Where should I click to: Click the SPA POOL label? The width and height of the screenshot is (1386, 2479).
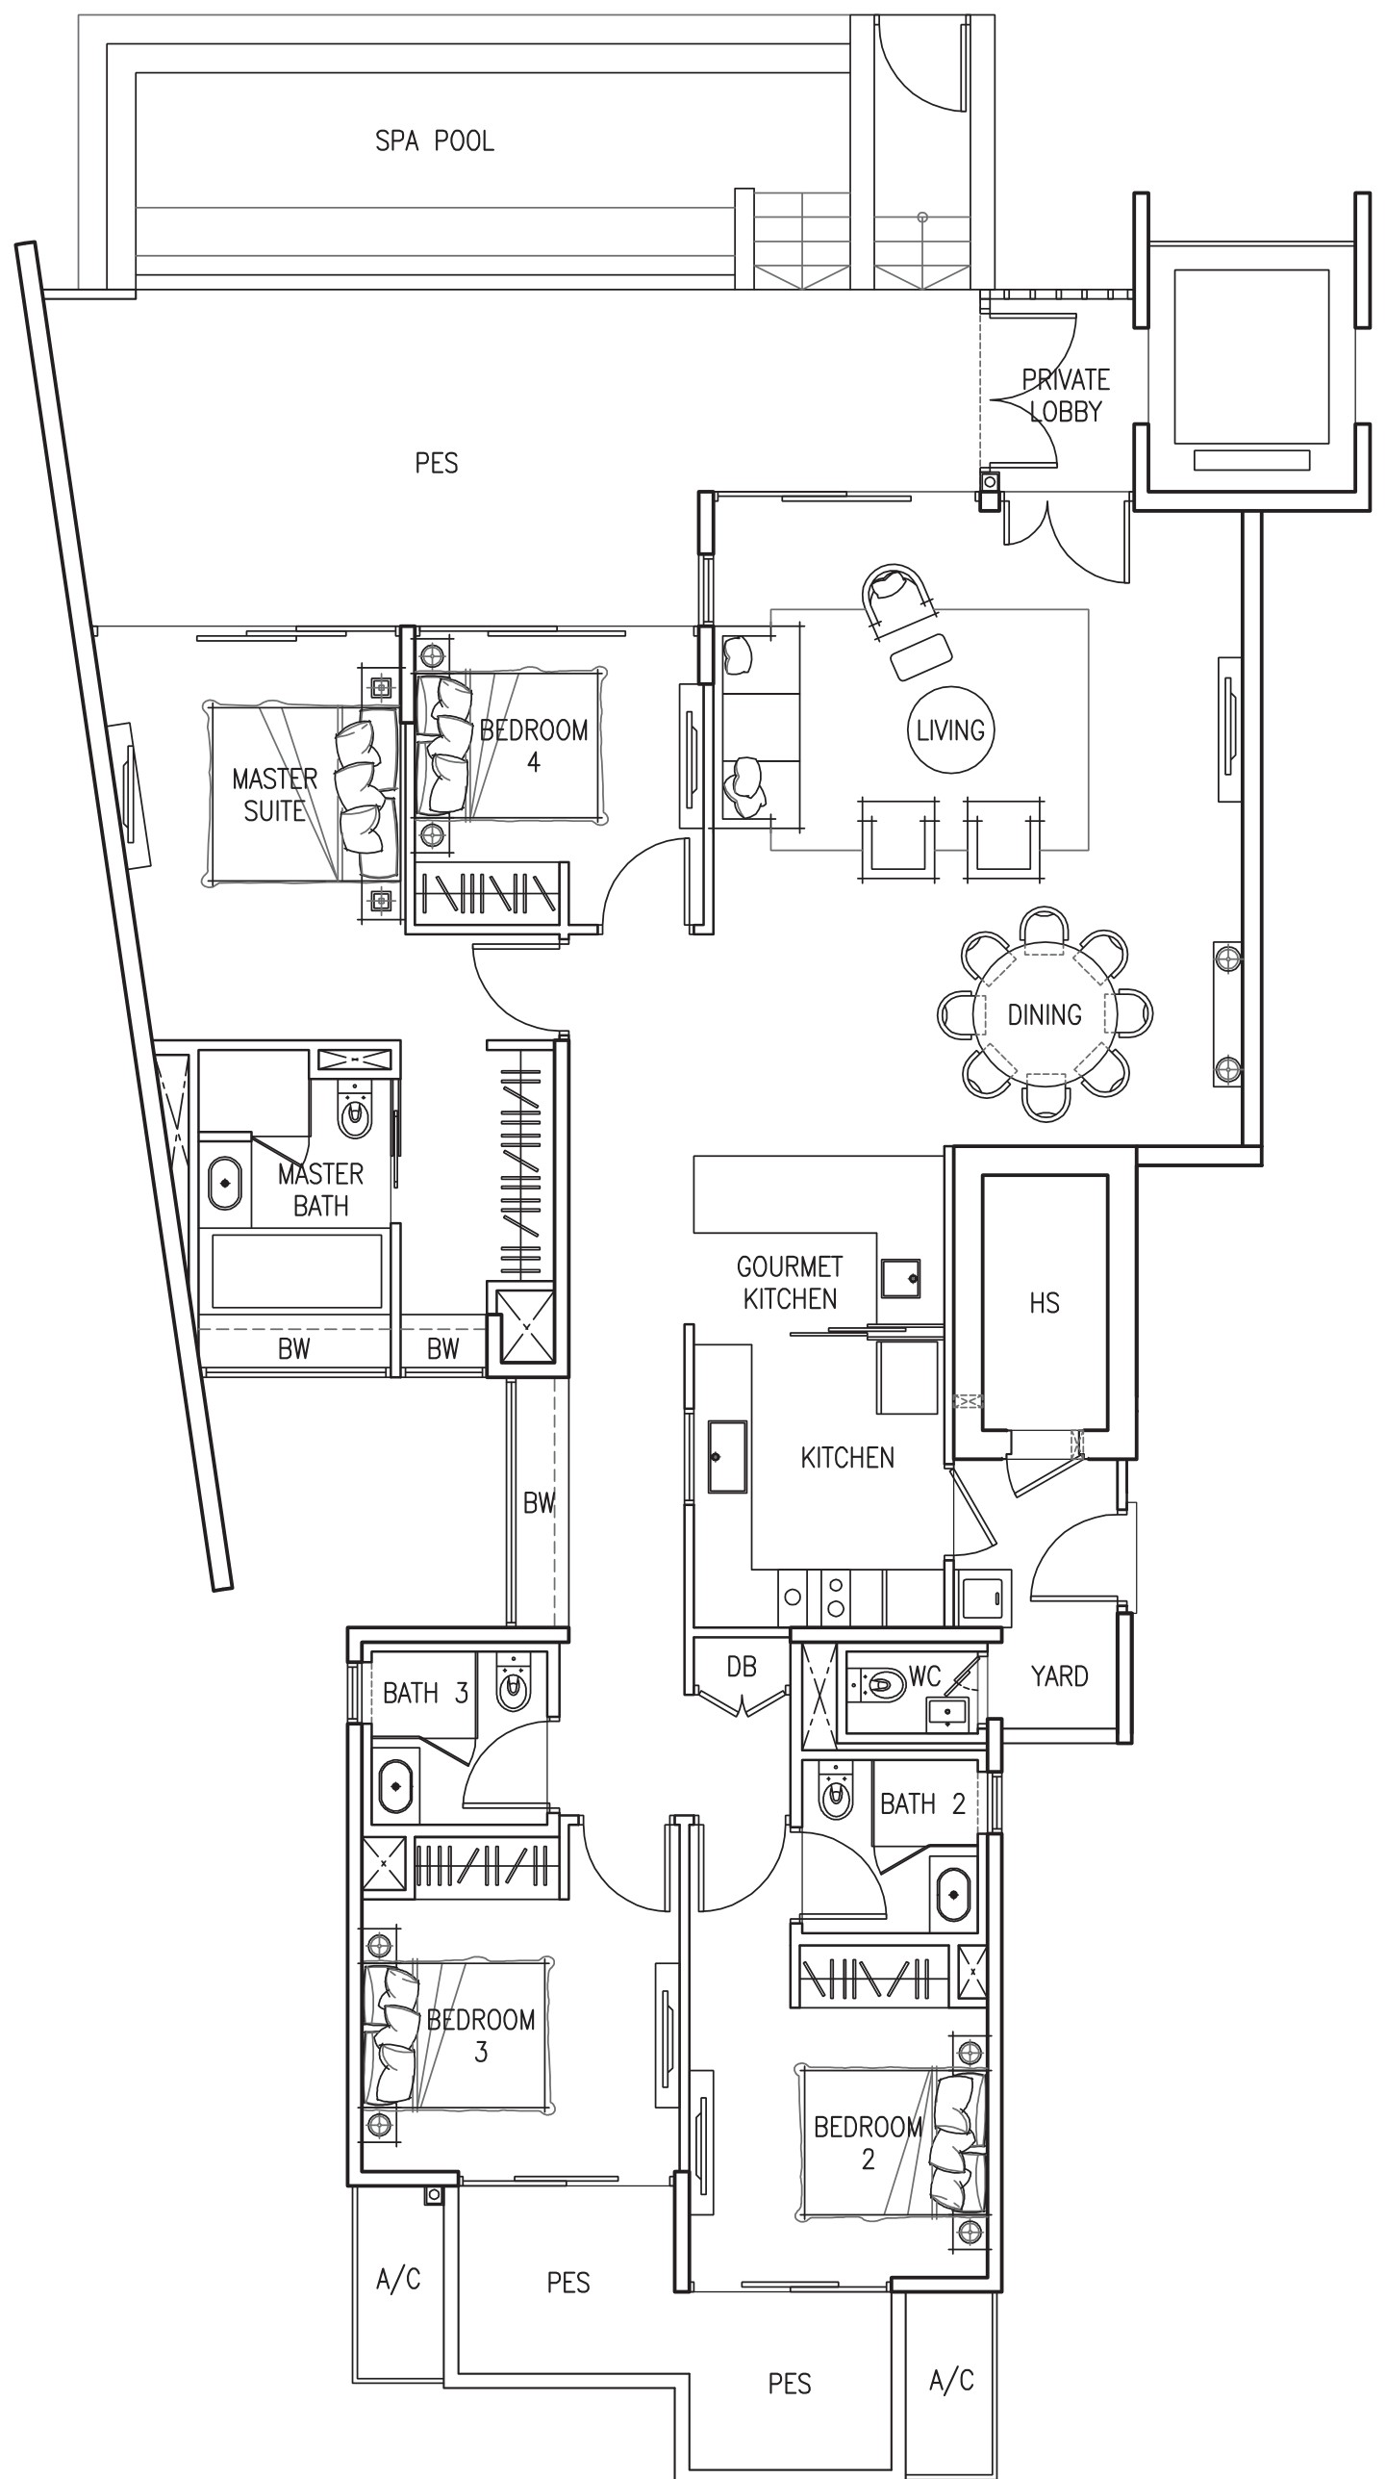pyautogui.click(x=435, y=141)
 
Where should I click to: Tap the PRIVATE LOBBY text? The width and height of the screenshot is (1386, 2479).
pyautogui.click(x=1066, y=396)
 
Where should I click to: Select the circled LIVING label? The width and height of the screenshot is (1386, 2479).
pyautogui.click(x=950, y=730)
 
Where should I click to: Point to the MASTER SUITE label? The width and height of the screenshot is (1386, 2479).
pyautogui.click(x=275, y=795)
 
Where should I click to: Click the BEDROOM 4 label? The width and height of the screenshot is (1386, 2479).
pyautogui.click(x=534, y=746)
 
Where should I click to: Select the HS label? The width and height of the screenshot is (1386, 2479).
pyautogui.click(x=1044, y=1303)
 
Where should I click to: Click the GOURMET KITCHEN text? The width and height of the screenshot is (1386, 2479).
pyautogui.click(x=790, y=1283)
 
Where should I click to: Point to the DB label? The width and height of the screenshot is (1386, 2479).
pyautogui.click(x=742, y=1666)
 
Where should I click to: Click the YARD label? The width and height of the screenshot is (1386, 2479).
pyautogui.click(x=1059, y=1676)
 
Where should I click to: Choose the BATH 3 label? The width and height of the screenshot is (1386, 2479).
pyautogui.click(x=425, y=1693)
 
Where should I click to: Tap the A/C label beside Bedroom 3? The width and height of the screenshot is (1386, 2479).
pyautogui.click(x=398, y=2280)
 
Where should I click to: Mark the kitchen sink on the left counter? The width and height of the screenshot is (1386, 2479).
pyautogui.click(x=727, y=1457)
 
